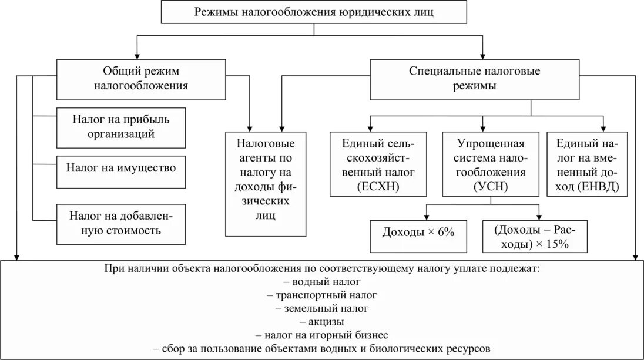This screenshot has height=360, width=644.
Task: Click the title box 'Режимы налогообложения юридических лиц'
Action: pyautogui.click(x=314, y=12)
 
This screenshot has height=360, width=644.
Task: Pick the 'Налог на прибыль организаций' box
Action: pyautogui.click(x=121, y=127)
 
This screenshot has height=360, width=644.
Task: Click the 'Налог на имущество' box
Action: pyautogui.click(x=121, y=168)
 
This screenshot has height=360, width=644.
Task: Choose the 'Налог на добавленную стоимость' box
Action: pyautogui.click(x=121, y=223)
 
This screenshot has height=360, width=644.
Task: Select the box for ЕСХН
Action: pyautogui.click(x=377, y=164)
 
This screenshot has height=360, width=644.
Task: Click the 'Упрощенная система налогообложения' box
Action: pyautogui.click(x=483, y=164)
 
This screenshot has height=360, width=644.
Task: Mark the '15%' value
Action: pyautogui.click(x=556, y=245)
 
